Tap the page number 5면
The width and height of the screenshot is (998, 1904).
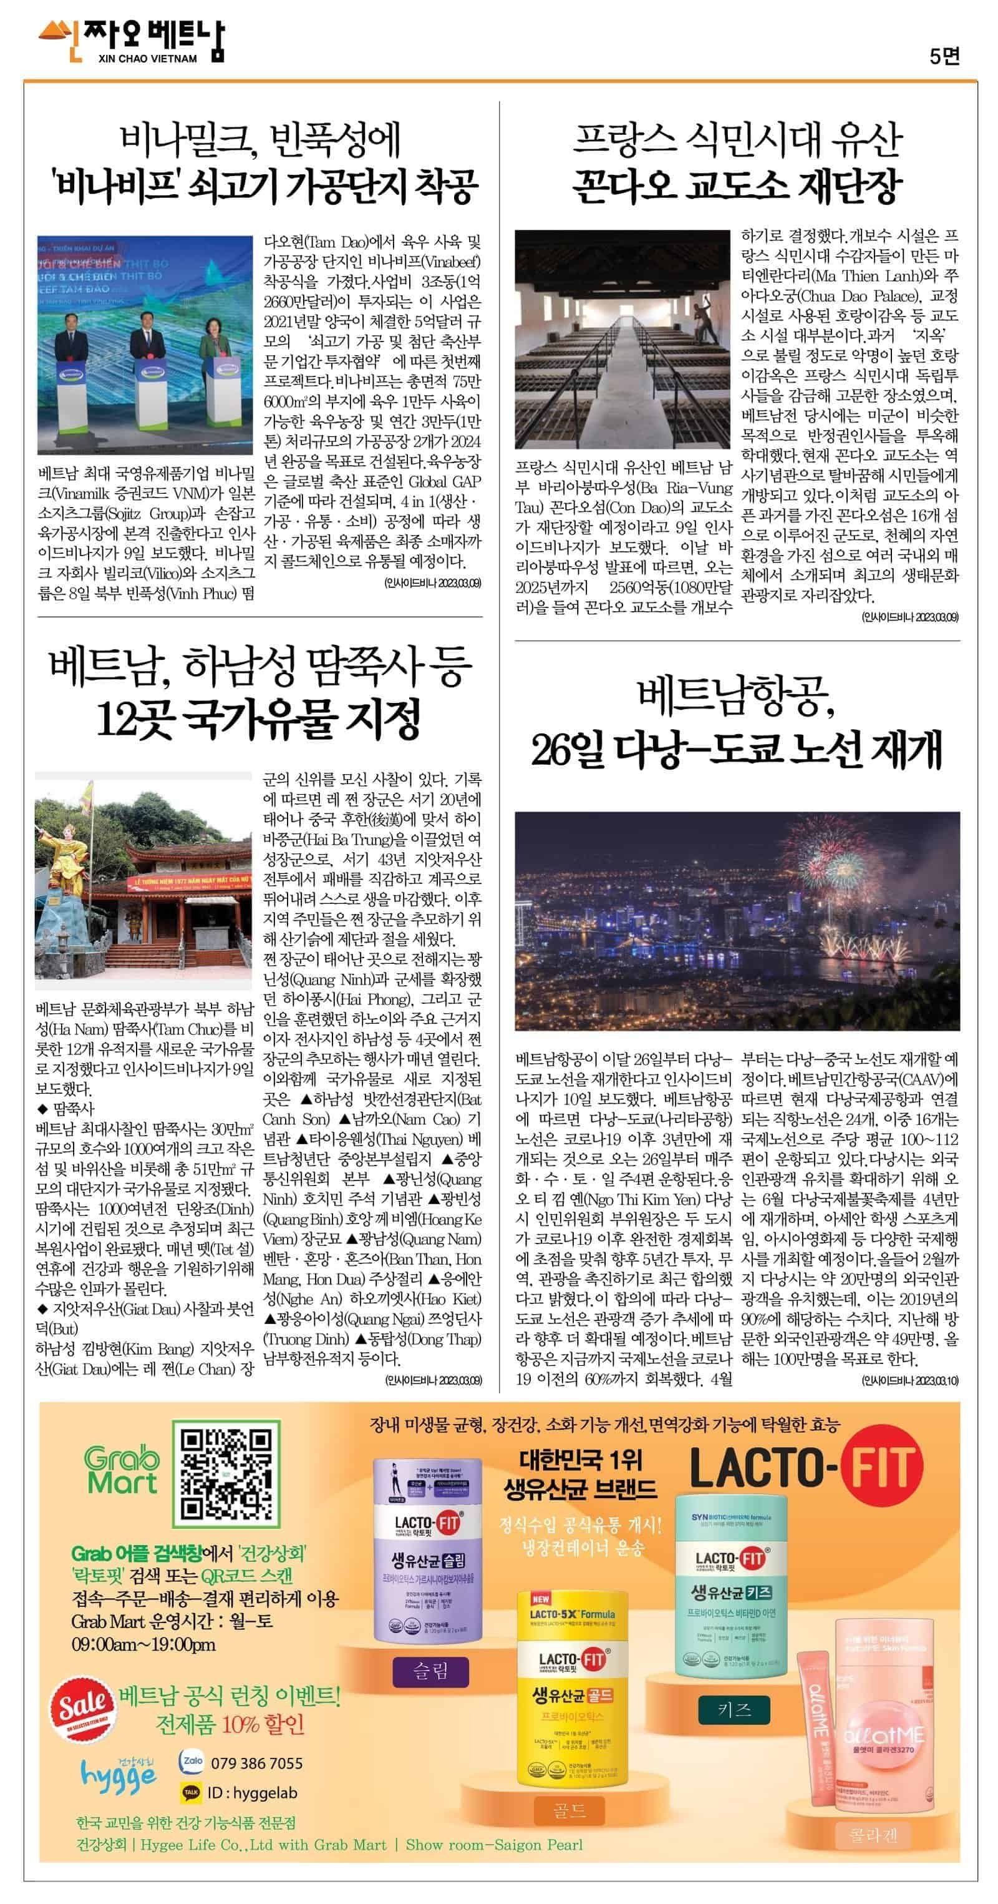coord(944,56)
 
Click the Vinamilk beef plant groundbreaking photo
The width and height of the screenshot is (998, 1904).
coord(145,345)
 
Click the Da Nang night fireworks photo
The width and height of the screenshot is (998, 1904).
coord(737,920)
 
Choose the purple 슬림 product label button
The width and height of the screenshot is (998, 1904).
coord(430,1671)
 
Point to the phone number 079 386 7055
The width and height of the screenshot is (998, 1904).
coord(256,1764)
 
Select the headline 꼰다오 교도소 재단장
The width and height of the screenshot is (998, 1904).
coord(737,185)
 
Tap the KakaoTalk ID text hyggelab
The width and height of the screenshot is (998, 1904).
coord(252,1792)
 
